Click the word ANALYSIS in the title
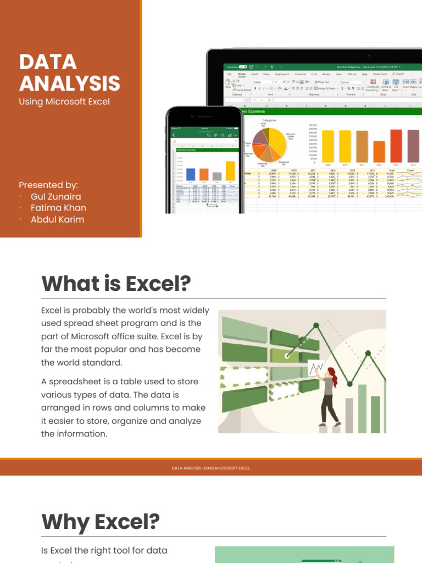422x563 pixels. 69,83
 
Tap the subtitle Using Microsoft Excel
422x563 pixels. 64,101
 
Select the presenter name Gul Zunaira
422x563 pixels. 55,196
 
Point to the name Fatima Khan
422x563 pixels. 58,208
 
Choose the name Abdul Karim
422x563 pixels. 57,219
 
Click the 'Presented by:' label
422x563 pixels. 48,185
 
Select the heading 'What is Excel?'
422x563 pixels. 116,284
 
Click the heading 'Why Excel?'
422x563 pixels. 101,521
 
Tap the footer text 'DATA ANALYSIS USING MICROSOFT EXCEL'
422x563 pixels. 211,468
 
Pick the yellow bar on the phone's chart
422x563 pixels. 230,171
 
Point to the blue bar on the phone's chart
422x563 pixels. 191,174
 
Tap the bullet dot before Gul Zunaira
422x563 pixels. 21,196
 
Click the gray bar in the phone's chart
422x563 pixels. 217,176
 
